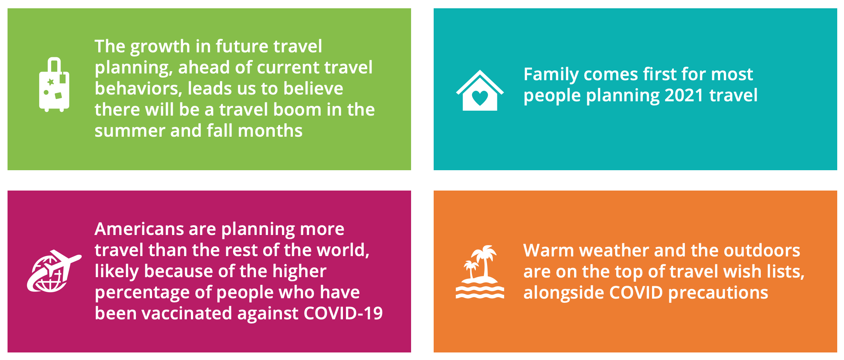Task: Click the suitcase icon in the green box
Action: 54,85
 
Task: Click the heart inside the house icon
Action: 480,98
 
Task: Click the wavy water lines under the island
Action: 480,292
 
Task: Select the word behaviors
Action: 138,88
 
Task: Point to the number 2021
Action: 684,95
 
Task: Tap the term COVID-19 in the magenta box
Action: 343,313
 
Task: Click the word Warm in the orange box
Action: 548,250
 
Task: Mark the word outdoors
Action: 761,250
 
